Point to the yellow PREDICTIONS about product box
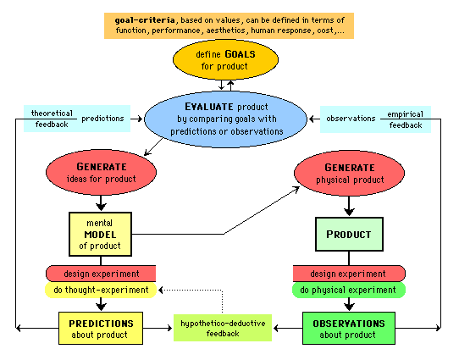click(101, 329)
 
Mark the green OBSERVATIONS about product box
click(349, 329)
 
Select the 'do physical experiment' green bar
click(349, 290)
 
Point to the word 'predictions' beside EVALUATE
click(104, 118)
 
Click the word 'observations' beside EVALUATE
click(350, 118)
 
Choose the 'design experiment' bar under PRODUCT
click(349, 274)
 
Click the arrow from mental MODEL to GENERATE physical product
click(222, 232)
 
